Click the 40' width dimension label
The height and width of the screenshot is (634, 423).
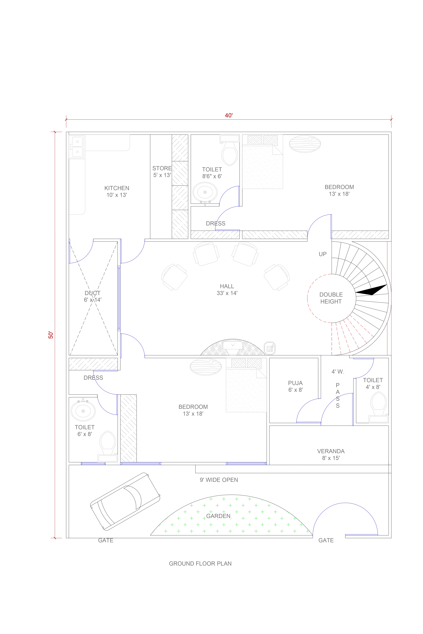tap(229, 115)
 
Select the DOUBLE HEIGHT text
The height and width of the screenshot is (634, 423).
tap(331, 298)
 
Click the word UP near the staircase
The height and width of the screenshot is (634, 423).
tap(323, 254)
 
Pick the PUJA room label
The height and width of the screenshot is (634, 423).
tap(295, 386)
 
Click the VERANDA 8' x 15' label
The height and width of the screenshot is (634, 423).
tap(331, 454)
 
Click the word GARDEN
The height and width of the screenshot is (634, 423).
tap(218, 516)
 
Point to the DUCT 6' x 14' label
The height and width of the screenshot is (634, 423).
tap(93, 296)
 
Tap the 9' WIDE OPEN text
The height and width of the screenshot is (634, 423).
tap(219, 480)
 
